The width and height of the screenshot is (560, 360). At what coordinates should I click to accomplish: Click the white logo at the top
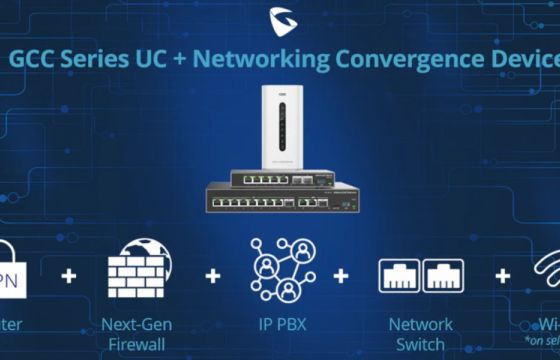pyautogui.click(x=281, y=19)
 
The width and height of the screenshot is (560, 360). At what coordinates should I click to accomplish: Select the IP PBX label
pyautogui.click(x=281, y=324)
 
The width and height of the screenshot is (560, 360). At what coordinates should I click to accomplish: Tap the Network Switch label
pyautogui.click(x=420, y=332)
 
